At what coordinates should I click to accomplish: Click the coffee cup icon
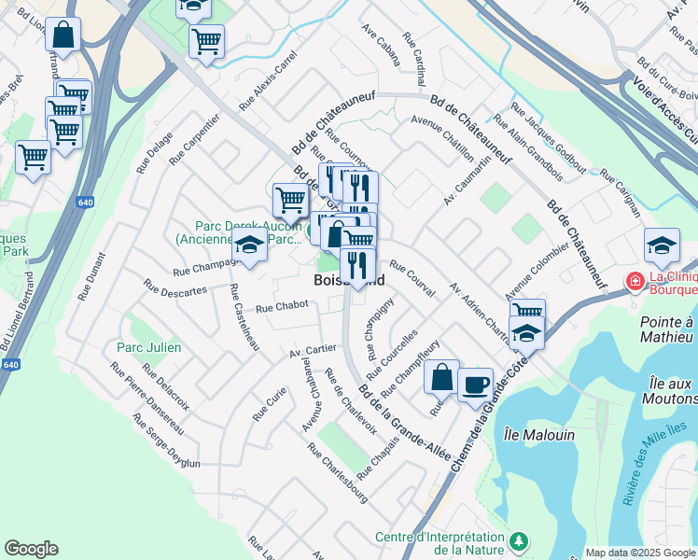pyautogui.click(x=475, y=384)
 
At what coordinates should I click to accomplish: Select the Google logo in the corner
pyautogui.click(x=31, y=549)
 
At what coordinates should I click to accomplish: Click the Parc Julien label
pyautogui.click(x=148, y=347)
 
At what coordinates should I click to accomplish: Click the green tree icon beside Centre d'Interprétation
pyautogui.click(x=520, y=541)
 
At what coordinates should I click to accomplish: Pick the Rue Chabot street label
pyautogui.click(x=281, y=306)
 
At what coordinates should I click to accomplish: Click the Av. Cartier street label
pyautogui.click(x=312, y=351)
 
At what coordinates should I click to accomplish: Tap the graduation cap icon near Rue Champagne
pyautogui.click(x=249, y=245)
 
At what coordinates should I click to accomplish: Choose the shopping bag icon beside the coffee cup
pyautogui.click(x=441, y=377)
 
